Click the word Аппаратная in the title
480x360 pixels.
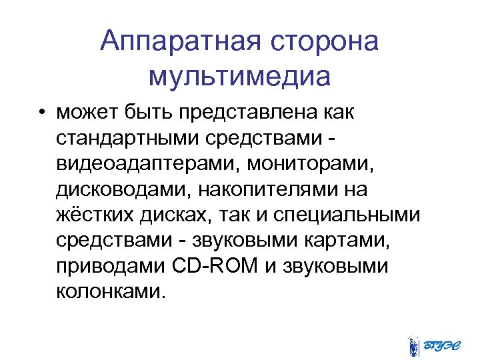[181, 43]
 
